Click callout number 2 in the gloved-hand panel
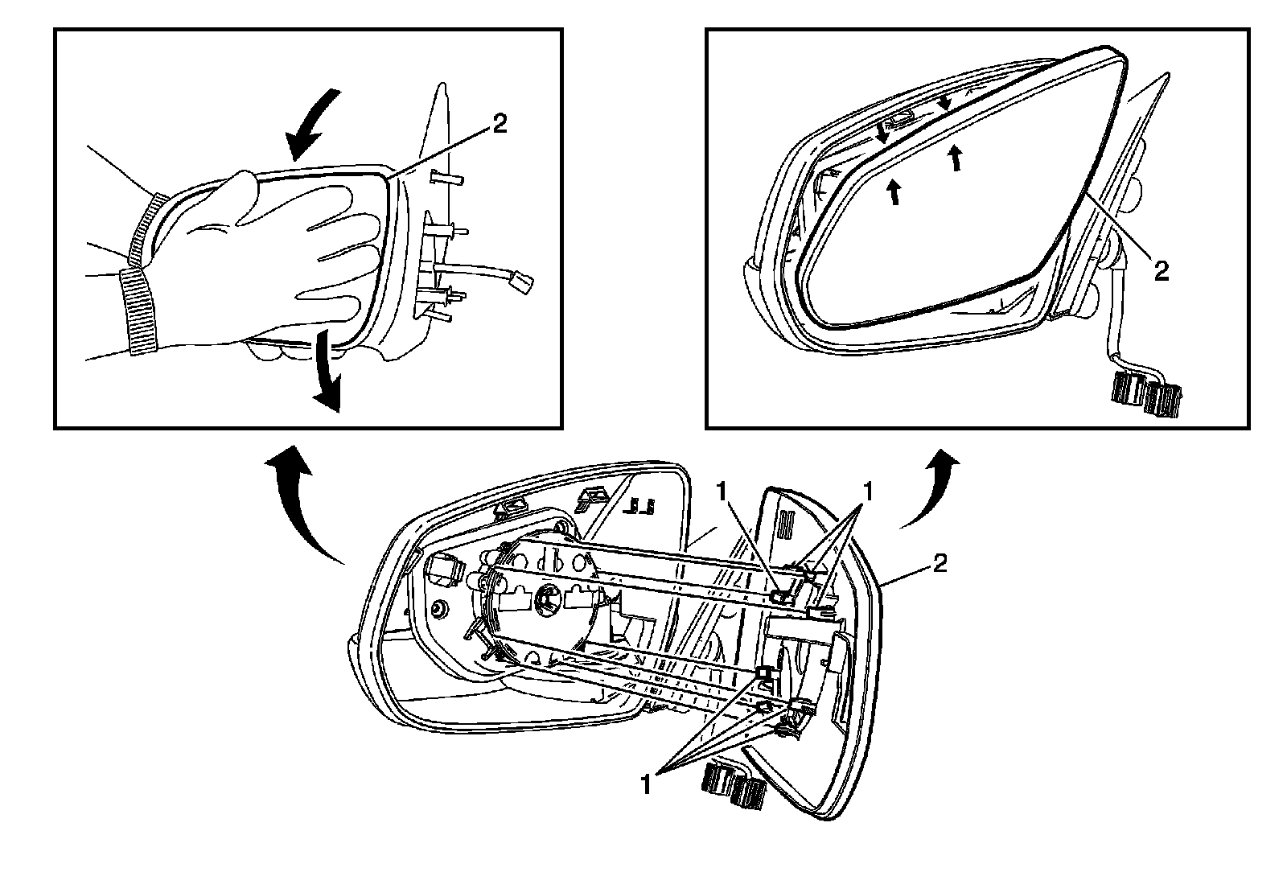(x=500, y=125)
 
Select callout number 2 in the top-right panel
(x=1160, y=271)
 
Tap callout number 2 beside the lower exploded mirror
(x=939, y=562)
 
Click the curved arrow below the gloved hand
(x=325, y=375)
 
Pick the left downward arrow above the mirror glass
(x=882, y=134)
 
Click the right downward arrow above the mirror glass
(x=946, y=101)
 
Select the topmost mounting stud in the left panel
(x=446, y=179)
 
